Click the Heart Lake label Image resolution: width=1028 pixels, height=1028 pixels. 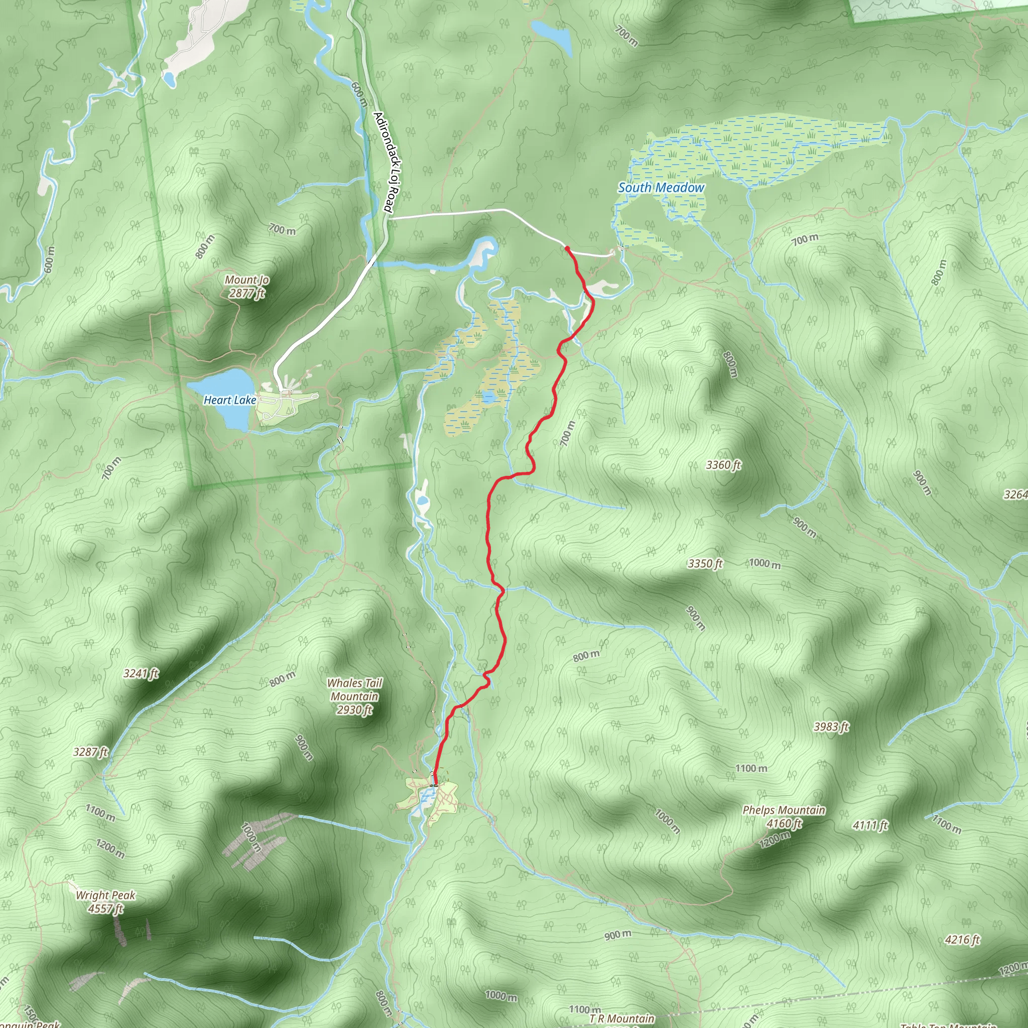[230, 400]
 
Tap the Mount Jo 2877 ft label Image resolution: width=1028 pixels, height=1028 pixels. [247, 286]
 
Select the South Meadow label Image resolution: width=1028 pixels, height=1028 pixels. [661, 188]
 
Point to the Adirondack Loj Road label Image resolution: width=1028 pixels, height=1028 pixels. [387, 162]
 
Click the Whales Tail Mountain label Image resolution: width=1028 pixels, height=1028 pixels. [354, 696]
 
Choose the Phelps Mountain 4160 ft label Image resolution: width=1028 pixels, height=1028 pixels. [784, 817]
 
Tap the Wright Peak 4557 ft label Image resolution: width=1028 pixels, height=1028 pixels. [105, 902]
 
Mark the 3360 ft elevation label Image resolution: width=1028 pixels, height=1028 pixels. [723, 465]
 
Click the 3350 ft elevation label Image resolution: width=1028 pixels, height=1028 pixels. [705, 564]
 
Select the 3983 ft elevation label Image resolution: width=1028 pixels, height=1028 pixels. [831, 727]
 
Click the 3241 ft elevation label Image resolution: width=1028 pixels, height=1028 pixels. [141, 674]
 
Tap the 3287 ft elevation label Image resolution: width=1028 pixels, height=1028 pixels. [90, 752]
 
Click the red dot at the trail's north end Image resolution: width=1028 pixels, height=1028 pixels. [567, 248]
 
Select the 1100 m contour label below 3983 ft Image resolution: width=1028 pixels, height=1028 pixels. [751, 768]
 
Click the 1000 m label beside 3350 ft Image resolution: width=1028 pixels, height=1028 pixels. [764, 564]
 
